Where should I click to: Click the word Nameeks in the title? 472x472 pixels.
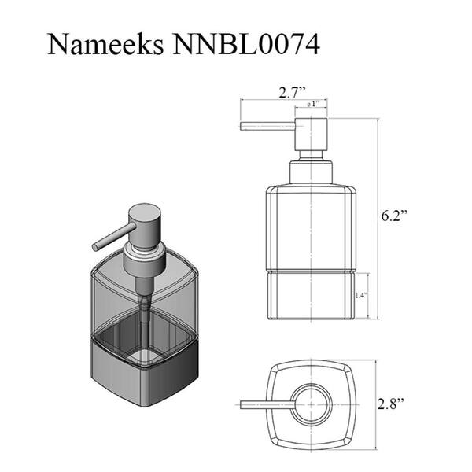click(x=105, y=45)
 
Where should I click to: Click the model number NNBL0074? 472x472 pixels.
click(x=246, y=45)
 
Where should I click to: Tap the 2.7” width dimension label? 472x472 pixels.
click(x=292, y=92)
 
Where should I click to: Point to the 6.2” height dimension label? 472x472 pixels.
click(x=394, y=216)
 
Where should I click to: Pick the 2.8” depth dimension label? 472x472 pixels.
click(x=391, y=404)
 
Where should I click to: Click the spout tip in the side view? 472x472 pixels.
click(x=242, y=126)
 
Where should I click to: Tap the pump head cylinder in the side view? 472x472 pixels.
click(x=311, y=135)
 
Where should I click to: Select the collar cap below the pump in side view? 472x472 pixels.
click(x=311, y=172)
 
